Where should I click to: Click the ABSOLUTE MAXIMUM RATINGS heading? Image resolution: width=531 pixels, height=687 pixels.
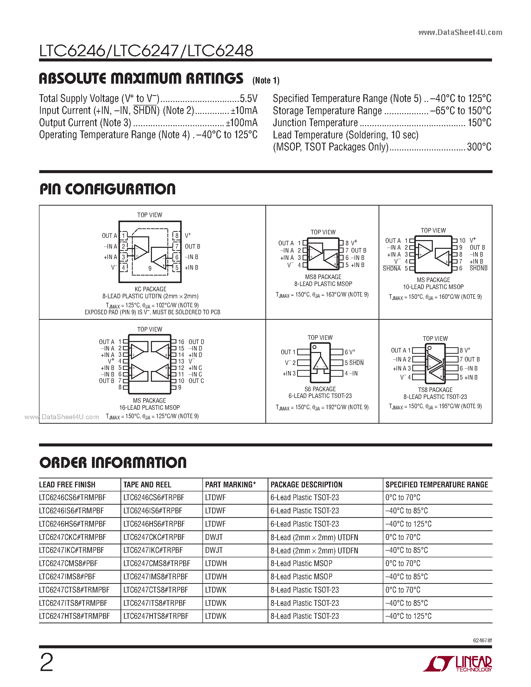141,79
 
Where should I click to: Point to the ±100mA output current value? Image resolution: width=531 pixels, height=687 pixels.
242,123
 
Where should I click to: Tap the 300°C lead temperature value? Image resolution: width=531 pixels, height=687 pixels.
479,147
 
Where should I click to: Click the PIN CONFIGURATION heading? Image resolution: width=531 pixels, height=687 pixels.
108,189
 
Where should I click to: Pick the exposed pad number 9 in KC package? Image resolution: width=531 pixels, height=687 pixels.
150,268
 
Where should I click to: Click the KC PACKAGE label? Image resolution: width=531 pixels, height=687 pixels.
150,289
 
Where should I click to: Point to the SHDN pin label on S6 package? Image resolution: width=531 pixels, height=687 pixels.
356,363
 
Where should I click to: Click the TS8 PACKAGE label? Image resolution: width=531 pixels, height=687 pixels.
435,390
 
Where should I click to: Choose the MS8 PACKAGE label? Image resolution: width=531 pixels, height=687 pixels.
323,277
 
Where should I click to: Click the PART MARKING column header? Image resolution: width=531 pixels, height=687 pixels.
230,485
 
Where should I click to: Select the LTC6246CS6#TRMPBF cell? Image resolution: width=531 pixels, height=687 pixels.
72,498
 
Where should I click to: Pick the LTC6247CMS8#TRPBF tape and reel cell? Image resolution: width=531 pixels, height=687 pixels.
157,563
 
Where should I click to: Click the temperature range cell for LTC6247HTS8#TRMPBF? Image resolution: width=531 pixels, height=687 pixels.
408,616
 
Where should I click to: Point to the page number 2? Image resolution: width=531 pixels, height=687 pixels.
46,663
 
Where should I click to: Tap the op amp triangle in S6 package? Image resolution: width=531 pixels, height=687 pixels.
320,364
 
